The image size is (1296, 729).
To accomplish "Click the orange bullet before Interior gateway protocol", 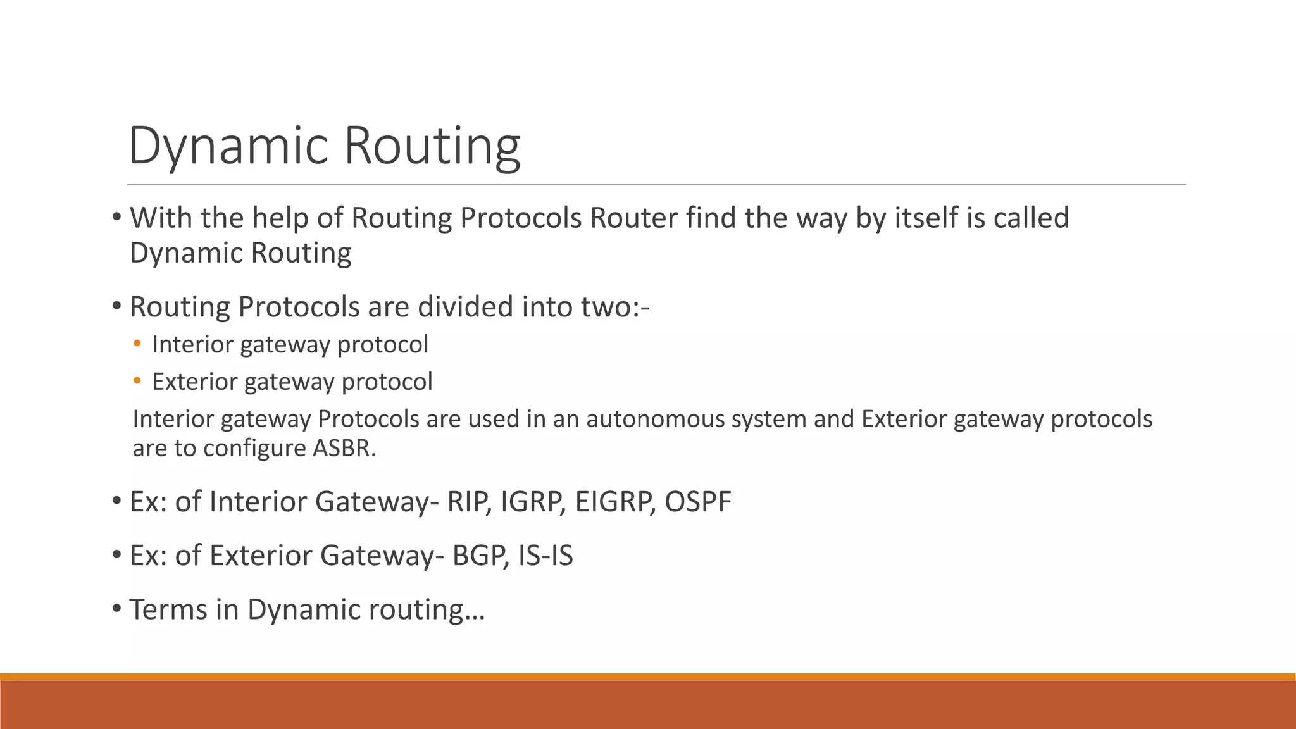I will point(137,344).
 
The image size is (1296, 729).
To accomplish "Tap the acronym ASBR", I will point(344,448).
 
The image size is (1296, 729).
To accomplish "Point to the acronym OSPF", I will point(698,502).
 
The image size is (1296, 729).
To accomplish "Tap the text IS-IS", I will point(545,556).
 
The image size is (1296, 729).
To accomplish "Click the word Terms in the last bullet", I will point(168,609).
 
